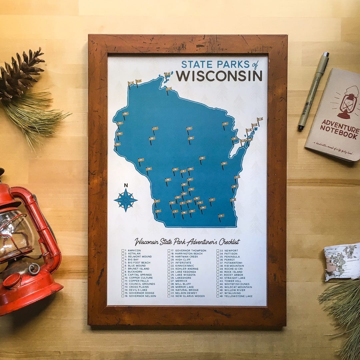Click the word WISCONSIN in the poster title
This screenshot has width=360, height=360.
point(219,76)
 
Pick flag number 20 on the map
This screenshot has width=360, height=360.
point(224,164)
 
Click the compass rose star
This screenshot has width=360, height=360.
point(126,200)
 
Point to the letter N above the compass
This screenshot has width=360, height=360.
point(126,186)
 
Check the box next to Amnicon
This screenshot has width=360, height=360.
point(123,251)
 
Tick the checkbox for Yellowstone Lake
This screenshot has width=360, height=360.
point(218,296)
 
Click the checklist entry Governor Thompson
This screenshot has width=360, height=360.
point(190,251)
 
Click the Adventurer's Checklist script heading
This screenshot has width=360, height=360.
point(187,242)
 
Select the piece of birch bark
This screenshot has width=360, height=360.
point(341,261)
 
